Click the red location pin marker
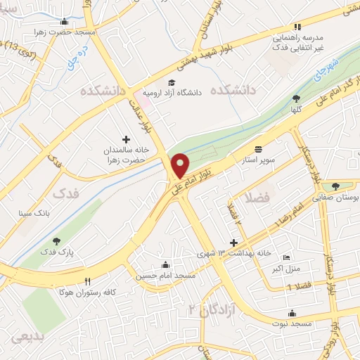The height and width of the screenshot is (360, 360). pos(181,164)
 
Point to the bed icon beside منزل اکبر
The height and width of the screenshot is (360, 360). pos(285,257)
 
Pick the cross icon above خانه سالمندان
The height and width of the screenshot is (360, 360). pos(127,140)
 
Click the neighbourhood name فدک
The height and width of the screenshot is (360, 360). pos(67,191)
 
